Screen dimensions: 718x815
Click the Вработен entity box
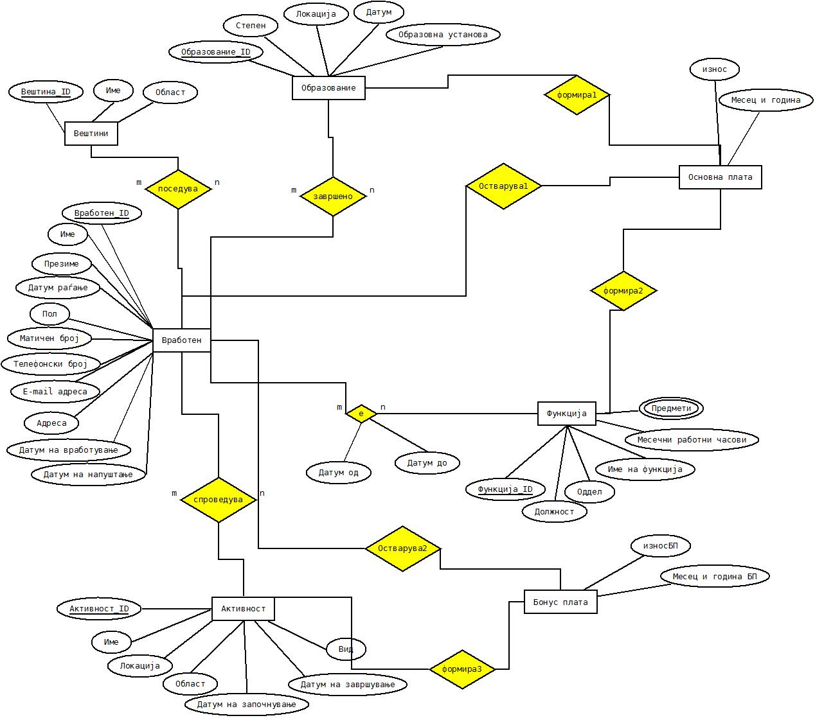(182, 340)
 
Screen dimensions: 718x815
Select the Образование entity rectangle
(328, 88)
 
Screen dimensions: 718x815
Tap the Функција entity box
(566, 414)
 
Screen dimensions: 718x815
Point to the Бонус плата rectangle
(560, 602)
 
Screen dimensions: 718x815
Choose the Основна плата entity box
(720, 177)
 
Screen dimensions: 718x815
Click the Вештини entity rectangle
(91, 134)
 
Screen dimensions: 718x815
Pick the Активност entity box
(243, 608)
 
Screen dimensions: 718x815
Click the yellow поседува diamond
(178, 189)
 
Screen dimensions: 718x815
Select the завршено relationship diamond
(333, 196)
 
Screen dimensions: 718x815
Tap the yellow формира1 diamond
(577, 95)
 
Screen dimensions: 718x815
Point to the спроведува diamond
(219, 500)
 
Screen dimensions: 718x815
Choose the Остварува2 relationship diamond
(402, 548)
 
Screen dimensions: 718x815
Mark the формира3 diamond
(462, 669)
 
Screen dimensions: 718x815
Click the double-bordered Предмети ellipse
(671, 408)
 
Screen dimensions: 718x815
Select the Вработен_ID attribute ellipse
(102, 213)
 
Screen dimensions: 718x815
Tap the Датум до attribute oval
(427, 462)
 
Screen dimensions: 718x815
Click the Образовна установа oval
(443, 35)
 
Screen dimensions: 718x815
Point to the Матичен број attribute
(49, 338)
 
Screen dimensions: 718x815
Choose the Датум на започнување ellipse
(246, 705)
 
